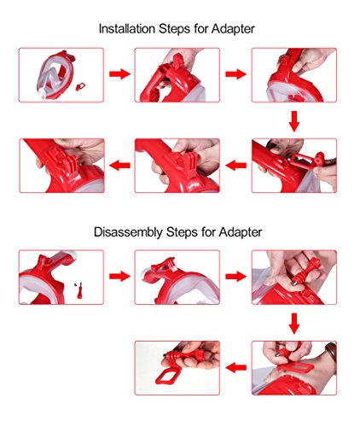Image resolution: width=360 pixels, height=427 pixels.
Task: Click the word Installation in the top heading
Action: point(126,29)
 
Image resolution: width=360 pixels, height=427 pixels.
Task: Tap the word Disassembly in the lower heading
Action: point(129,232)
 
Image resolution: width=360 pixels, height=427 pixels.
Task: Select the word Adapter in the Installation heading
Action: point(233,30)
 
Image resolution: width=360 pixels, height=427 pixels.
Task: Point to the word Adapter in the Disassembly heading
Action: point(241,232)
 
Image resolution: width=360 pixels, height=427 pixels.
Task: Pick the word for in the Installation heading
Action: point(200,29)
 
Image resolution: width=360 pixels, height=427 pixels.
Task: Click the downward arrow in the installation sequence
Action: point(294,121)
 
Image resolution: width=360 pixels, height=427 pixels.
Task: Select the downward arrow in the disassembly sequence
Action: point(294,324)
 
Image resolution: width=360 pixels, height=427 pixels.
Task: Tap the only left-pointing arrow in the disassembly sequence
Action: point(236,367)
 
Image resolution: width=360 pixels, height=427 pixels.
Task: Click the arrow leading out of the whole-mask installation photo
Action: point(119,74)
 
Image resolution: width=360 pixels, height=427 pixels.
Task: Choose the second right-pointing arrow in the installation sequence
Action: point(235,74)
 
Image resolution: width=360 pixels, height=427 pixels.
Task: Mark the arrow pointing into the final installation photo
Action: point(119,165)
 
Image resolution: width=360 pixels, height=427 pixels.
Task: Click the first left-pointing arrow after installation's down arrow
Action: point(236,165)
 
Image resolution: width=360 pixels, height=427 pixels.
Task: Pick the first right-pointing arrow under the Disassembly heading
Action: point(119,276)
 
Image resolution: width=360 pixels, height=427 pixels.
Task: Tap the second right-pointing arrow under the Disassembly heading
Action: point(235,276)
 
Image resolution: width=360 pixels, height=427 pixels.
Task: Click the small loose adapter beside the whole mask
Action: point(80,86)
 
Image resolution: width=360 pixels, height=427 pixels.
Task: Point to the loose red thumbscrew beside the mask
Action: point(80,290)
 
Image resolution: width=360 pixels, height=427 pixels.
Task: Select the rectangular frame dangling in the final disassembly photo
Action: point(168,375)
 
